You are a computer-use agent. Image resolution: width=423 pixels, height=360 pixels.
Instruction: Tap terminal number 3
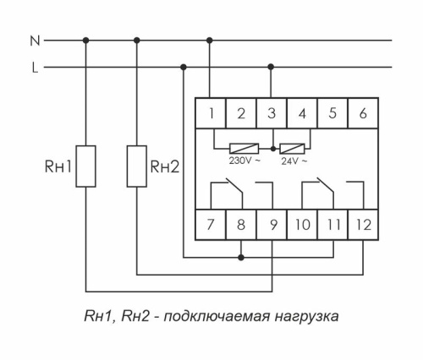point(271,113)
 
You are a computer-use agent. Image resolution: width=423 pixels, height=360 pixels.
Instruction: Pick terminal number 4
point(302,113)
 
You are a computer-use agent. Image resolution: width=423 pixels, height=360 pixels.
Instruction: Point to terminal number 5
point(332,113)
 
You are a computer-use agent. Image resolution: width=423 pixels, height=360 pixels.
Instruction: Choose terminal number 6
point(363,113)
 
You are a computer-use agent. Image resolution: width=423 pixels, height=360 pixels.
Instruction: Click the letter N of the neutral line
point(34,39)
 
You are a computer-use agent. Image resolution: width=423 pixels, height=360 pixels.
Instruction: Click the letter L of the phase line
point(35,68)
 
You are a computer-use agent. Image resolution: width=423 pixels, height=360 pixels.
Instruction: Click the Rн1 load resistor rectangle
point(86,165)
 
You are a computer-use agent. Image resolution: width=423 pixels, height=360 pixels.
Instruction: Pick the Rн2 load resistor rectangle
point(137,165)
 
